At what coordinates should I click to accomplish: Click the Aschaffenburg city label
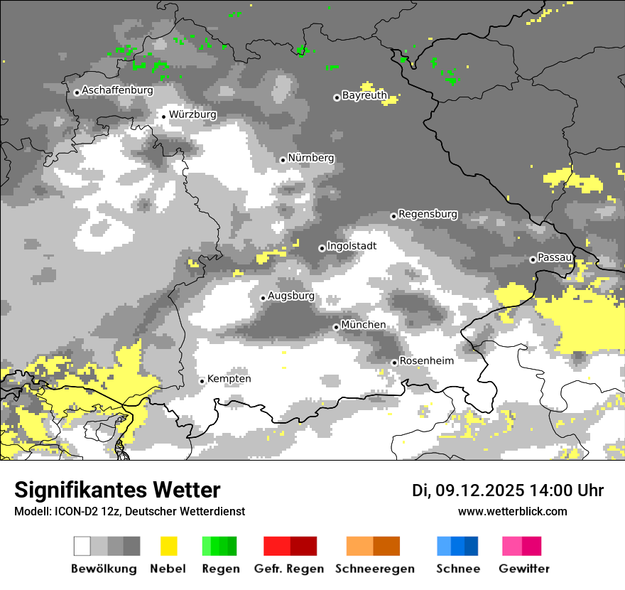tap(117, 91)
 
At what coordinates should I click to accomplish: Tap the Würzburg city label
tap(192, 114)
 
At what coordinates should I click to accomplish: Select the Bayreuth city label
tap(364, 95)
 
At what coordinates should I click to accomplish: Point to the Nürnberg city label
tap(311, 158)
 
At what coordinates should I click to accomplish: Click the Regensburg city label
tap(428, 214)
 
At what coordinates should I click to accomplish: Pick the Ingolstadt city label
tap(352, 247)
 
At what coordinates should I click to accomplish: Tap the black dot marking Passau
tap(533, 259)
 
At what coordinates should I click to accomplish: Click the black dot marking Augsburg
tap(263, 298)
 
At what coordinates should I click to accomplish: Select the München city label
tap(364, 325)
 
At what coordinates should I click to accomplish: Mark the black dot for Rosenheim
tap(394, 363)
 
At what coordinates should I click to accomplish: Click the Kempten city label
tap(229, 379)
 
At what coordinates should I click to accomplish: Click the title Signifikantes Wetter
tap(117, 490)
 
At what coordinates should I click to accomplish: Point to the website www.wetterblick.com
tap(512, 511)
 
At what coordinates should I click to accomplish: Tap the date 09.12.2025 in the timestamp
tap(479, 490)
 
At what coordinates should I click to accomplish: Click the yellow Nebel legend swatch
tap(168, 546)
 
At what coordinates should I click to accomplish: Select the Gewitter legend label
tap(523, 569)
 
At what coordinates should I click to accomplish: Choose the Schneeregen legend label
tap(374, 569)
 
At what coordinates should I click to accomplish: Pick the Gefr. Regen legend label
tap(289, 569)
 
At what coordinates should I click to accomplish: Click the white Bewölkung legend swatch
tap(82, 546)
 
